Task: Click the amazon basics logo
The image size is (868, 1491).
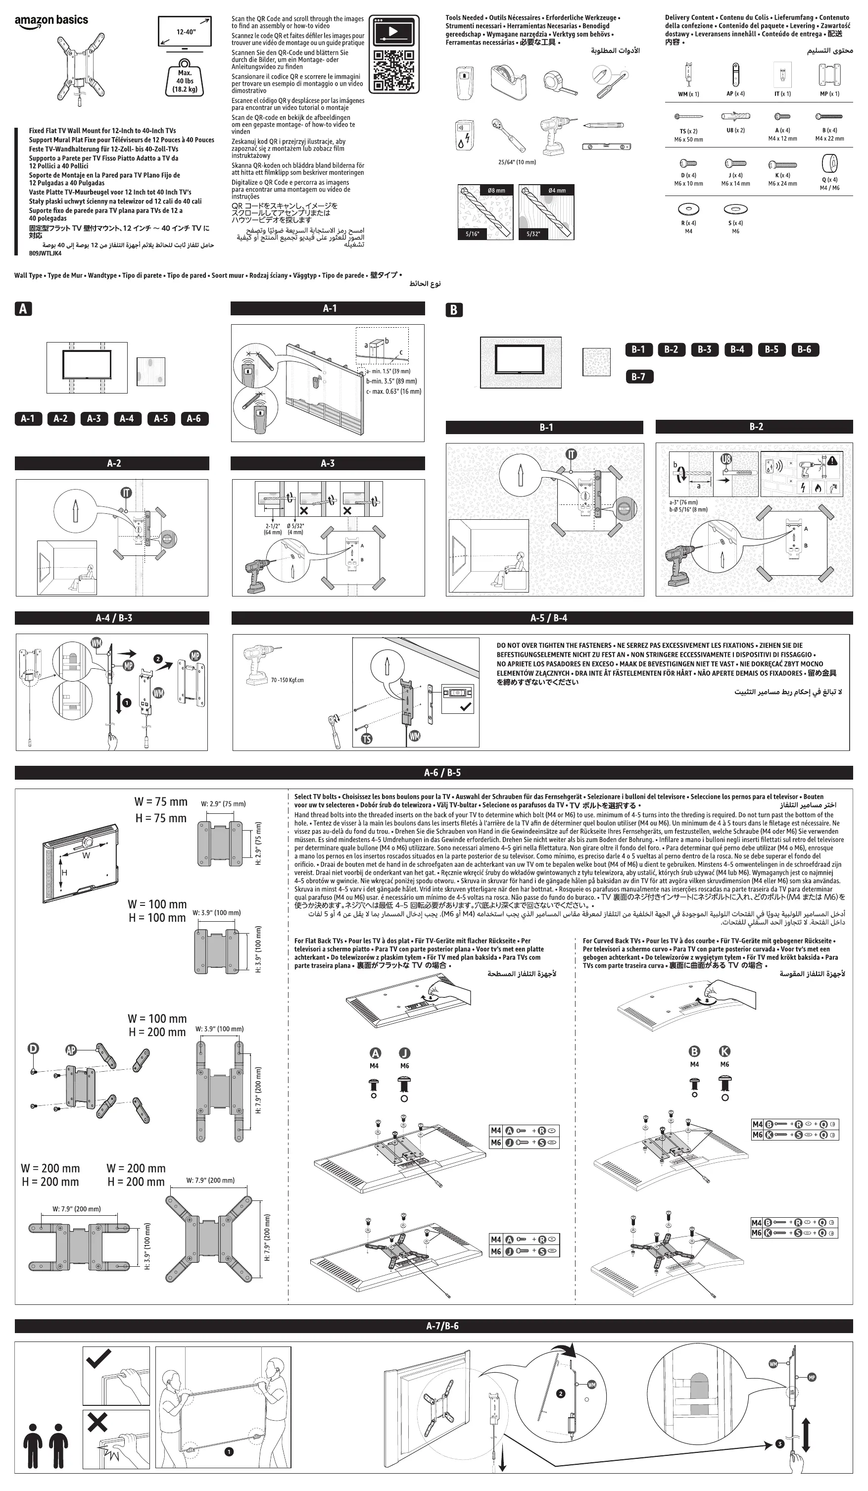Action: click(51, 20)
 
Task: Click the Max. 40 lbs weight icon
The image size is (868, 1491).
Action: click(185, 78)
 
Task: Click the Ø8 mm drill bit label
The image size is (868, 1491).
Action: click(496, 191)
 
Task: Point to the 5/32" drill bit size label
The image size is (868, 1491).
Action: click(533, 234)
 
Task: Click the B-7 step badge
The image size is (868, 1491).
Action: click(638, 376)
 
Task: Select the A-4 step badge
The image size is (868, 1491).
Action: click(127, 418)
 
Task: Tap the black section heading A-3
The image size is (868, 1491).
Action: click(327, 463)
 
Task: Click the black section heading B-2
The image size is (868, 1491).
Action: click(756, 427)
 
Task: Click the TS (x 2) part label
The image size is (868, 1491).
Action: click(688, 131)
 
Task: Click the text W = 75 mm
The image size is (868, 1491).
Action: click(160, 802)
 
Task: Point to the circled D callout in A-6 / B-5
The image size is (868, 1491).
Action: click(34, 1048)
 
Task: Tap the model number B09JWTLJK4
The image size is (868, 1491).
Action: click(46, 253)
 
